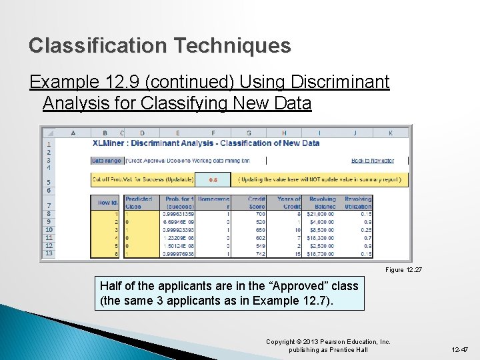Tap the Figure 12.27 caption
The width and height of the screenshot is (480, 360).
coord(404,270)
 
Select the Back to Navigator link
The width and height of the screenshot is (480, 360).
coord(372,161)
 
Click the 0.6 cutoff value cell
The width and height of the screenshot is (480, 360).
coord(213,179)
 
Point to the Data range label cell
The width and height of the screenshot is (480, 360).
coord(107,161)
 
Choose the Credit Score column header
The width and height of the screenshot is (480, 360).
coord(257,202)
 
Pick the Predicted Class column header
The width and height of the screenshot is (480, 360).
coord(139,202)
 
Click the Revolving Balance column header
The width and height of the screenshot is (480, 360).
coord(323,202)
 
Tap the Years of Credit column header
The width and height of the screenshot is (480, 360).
coord(289,202)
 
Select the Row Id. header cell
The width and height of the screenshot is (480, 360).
coord(107,203)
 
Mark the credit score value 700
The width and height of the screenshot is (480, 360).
coord(261,213)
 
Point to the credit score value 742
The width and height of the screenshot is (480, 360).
coord(261,253)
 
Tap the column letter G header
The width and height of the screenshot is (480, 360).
coord(249,133)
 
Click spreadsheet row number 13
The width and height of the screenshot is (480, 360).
coord(49,253)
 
